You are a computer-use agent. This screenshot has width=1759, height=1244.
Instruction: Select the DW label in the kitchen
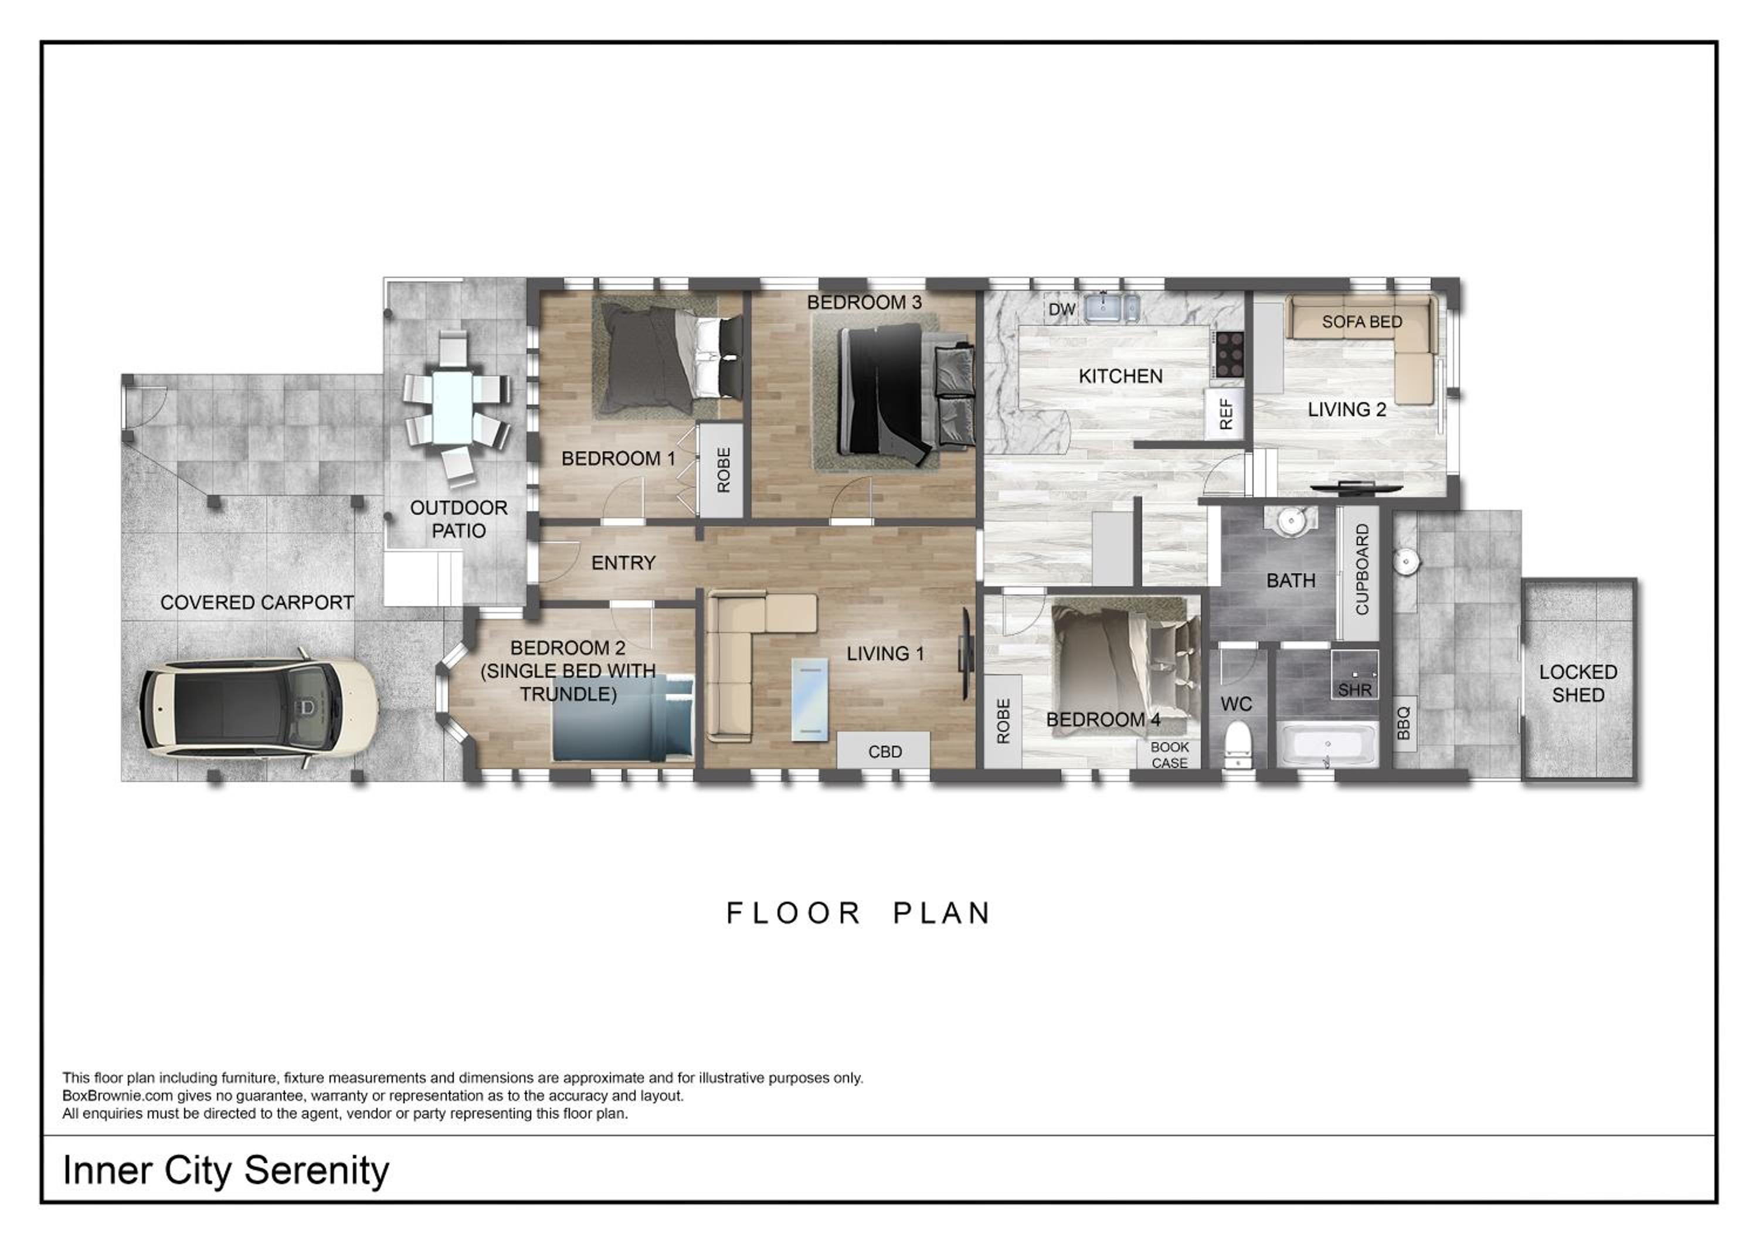point(1062,310)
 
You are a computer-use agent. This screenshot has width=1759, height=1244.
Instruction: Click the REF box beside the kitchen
point(1225,414)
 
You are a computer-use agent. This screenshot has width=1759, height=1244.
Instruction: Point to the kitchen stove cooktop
point(1230,354)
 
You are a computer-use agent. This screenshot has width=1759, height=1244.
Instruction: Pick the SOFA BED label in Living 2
point(1361,322)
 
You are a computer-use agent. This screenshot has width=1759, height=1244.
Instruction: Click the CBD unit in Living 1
point(884,751)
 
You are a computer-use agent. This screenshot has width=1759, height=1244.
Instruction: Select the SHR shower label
point(1354,690)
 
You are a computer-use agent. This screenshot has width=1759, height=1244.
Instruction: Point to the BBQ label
point(1404,723)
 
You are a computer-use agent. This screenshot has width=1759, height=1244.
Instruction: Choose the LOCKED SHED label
point(1578,684)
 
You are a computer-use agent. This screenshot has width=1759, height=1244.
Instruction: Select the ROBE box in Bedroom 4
point(1003,721)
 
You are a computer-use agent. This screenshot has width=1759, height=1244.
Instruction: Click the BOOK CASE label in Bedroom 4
point(1170,754)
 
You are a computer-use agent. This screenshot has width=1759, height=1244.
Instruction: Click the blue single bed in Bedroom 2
point(623,718)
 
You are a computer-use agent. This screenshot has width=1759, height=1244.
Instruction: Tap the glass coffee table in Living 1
point(810,699)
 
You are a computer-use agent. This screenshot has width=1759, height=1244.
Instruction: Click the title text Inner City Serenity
point(226,1171)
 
